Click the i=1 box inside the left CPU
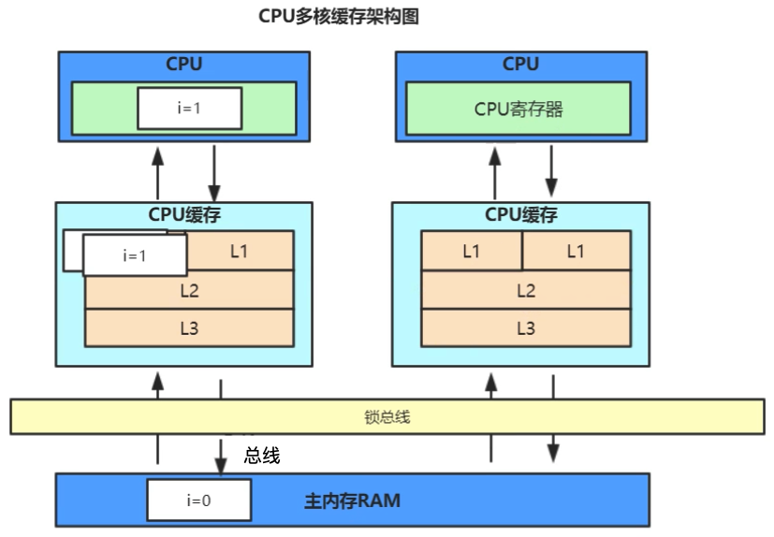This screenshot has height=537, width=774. [x=190, y=109]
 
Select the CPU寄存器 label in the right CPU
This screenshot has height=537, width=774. [x=518, y=109]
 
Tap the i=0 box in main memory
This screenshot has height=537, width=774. [x=198, y=501]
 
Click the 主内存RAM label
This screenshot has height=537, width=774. [x=352, y=501]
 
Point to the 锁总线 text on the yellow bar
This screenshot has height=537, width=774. [x=387, y=417]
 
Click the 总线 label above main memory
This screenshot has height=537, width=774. [x=262, y=456]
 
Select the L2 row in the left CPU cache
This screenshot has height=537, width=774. [x=189, y=290]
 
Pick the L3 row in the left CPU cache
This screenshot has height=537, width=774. [x=189, y=327]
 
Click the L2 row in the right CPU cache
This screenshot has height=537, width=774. [x=526, y=290]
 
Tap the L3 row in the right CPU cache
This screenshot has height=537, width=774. [x=526, y=327]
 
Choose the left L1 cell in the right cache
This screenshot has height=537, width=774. [x=472, y=251]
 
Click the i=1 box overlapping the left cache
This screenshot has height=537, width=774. [x=135, y=255]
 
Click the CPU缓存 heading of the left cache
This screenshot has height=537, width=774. [x=184, y=214]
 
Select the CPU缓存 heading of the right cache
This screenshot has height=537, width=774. [x=521, y=214]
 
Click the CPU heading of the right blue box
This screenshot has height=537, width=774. [x=520, y=64]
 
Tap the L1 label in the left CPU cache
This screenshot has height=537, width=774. [x=239, y=251]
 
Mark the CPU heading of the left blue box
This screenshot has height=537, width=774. [x=184, y=64]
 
